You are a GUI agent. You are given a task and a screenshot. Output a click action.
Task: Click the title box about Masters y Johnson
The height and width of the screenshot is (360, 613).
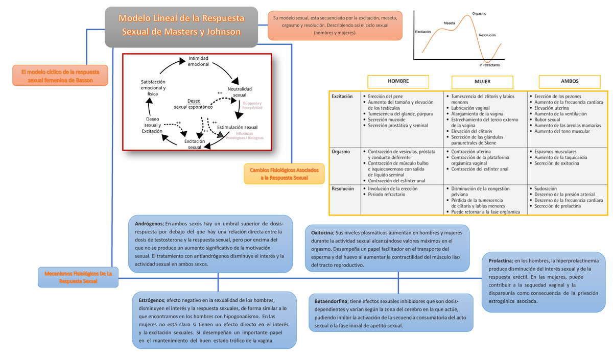181,26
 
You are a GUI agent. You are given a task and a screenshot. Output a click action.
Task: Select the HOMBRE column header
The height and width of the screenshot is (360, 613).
398,81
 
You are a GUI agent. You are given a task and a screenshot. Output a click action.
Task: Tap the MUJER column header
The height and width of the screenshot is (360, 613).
482,82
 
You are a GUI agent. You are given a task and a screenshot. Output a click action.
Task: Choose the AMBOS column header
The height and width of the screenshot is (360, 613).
570,81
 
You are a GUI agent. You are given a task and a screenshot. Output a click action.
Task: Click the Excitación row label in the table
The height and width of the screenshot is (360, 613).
342,97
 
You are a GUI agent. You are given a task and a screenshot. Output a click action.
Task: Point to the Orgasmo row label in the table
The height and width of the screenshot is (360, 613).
341,152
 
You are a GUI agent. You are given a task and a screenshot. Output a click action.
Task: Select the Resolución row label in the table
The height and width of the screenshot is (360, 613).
343,188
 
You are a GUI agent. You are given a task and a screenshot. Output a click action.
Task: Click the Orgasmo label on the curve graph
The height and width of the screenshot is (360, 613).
479,13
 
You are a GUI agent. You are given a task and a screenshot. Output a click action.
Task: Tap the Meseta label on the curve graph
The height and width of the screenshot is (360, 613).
449,23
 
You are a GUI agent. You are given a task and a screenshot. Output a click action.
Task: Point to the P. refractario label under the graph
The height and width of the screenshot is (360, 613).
489,65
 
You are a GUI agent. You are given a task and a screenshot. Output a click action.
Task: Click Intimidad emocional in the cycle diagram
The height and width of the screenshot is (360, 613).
198,61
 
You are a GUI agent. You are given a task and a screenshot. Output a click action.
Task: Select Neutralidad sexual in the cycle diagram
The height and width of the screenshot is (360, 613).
240,92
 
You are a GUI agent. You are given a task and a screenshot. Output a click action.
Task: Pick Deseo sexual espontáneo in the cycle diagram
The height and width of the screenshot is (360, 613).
193,104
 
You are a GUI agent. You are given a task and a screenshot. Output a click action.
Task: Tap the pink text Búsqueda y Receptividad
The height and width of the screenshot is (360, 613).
252,105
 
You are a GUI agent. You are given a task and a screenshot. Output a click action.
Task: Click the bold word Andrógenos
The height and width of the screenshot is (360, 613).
149,224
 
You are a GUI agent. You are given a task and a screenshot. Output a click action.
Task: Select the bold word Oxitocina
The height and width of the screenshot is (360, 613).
322,233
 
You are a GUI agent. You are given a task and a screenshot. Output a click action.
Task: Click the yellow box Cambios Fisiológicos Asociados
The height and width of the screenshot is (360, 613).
284,173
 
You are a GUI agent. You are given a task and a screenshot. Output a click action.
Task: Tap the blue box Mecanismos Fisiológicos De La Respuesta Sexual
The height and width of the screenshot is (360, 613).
78,277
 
